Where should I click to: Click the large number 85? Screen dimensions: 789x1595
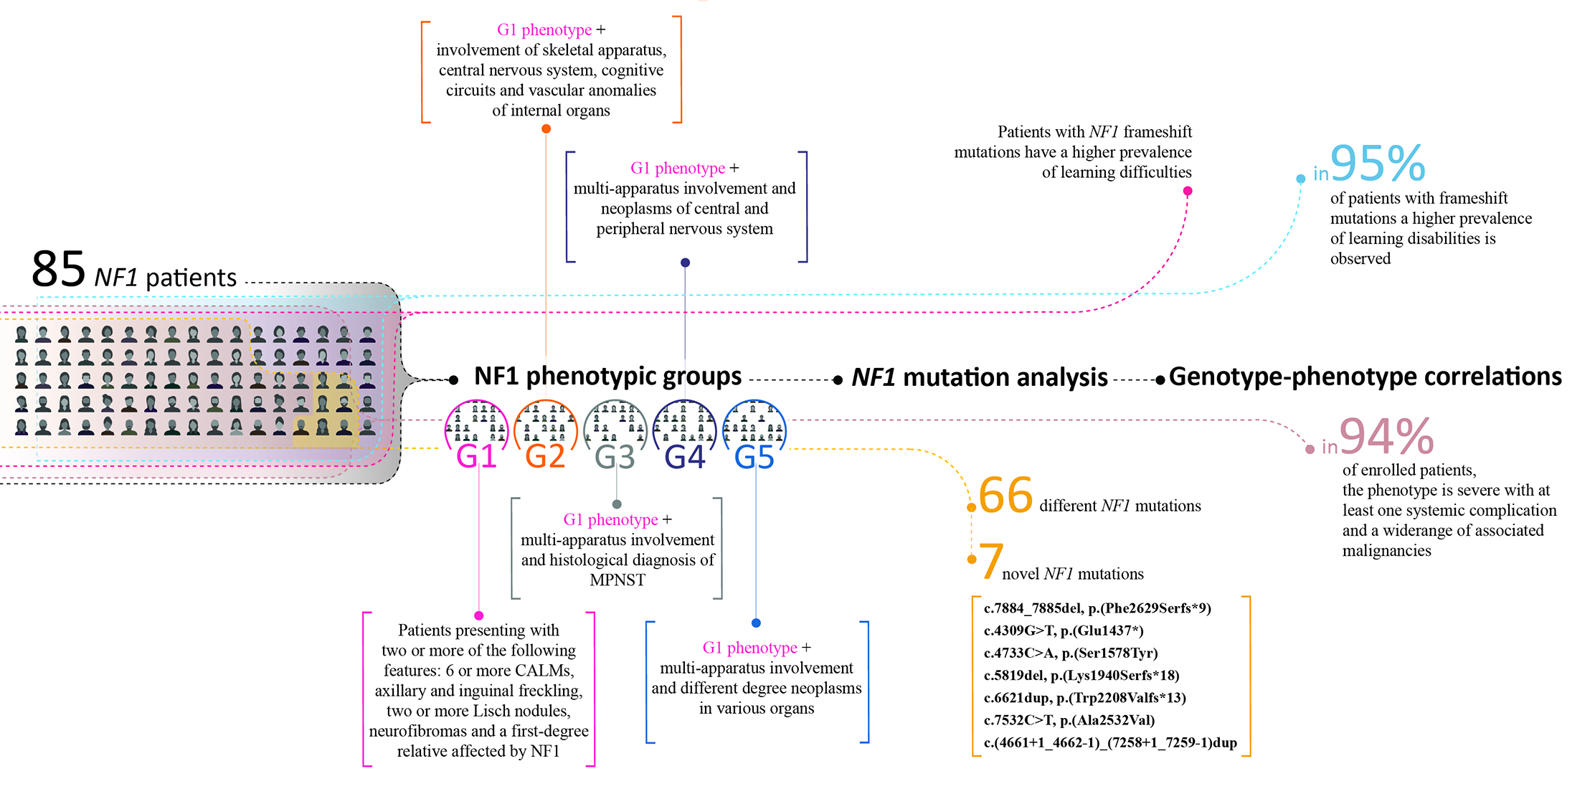coord(59,270)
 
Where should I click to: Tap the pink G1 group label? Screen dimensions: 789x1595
coord(476,456)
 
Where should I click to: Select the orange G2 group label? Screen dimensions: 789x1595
coord(545,456)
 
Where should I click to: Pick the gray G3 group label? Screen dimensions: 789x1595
coord(615,457)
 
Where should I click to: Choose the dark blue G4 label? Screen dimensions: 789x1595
coord(684,457)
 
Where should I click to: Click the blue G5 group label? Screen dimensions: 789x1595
coord(754,457)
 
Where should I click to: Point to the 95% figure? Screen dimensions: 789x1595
coord(1377,164)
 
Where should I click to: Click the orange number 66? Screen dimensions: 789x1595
coord(1005,495)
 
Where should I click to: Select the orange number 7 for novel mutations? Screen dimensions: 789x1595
coord(990,561)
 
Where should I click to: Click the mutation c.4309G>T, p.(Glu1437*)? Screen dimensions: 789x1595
coord(1063,630)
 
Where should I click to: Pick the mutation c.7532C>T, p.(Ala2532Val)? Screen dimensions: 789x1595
coord(1069,720)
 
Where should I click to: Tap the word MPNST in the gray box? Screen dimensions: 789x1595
coord(617,580)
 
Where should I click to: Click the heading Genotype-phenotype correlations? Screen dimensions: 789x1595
coord(1365,377)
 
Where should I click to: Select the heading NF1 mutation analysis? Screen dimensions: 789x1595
coord(980,377)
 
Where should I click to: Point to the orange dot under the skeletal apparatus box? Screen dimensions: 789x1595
coord(546,129)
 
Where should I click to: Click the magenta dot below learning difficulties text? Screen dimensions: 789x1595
coord(1188,191)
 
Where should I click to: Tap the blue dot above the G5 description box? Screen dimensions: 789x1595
coord(756,623)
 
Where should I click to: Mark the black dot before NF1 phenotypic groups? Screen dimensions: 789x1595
coord(453,380)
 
